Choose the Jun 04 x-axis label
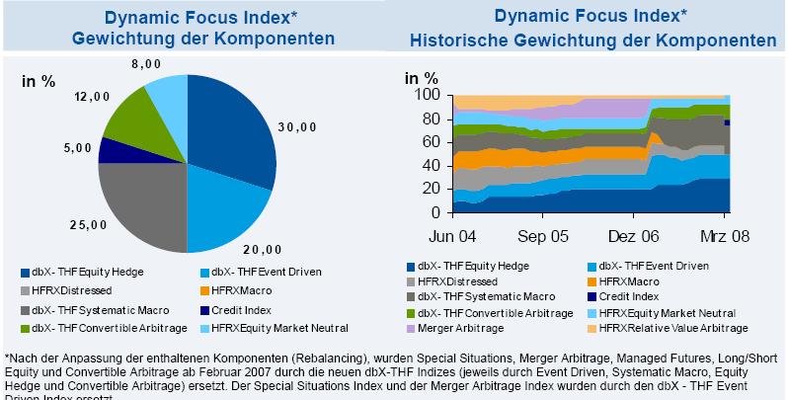click(x=453, y=237)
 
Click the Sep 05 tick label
click(x=544, y=237)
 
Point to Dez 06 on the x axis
click(x=636, y=237)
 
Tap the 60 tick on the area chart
click(x=430, y=142)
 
